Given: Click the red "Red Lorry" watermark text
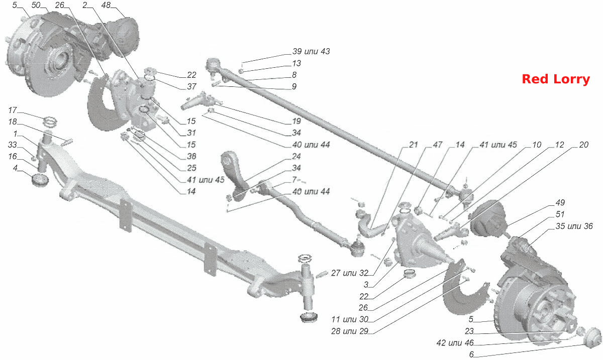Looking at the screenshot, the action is [x=556, y=79].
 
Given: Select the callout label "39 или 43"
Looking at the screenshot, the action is [x=311, y=51].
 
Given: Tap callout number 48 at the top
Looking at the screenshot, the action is [x=106, y=5].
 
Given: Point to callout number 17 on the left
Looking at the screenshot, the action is [x=13, y=110].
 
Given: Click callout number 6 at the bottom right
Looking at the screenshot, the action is [x=471, y=354].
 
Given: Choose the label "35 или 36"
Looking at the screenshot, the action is [x=574, y=226].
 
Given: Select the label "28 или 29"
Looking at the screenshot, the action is [x=350, y=331].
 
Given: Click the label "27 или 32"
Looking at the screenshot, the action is [x=350, y=273].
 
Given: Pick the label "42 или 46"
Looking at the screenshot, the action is [x=455, y=343].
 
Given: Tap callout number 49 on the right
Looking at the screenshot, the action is [x=560, y=203].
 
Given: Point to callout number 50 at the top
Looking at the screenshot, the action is [x=36, y=5].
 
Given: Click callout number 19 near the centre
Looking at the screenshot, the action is [x=296, y=121].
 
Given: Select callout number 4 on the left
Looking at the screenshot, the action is [x=15, y=168].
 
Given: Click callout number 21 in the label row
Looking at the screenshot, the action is [x=413, y=145].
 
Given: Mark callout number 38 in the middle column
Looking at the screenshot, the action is [x=191, y=156].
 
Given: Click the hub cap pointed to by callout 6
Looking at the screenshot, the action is [x=593, y=338].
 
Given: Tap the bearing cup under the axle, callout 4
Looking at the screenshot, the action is [x=40, y=180].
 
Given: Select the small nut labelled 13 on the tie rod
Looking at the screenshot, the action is [x=241, y=71].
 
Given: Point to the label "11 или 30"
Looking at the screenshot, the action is [x=350, y=319].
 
